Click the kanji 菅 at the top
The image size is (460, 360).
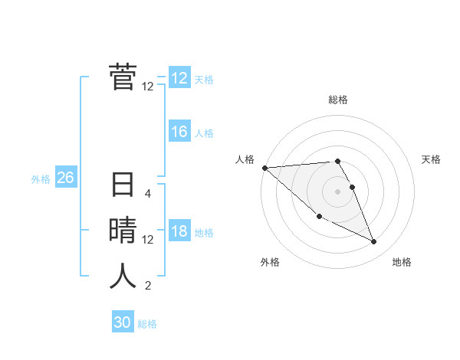123,77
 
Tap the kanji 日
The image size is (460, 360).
123,186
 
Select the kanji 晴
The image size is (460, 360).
123,231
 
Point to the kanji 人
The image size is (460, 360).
123,276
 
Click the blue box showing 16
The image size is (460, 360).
179,133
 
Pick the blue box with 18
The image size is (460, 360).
179,232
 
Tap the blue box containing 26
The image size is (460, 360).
65,178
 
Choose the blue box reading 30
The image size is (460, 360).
123,322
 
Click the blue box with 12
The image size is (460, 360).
179,78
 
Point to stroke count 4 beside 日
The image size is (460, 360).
148,194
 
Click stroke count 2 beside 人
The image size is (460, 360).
148,286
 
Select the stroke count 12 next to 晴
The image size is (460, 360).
148,240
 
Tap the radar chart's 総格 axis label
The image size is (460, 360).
338,100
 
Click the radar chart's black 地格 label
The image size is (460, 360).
402,263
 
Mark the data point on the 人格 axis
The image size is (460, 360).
264,168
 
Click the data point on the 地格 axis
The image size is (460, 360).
374,242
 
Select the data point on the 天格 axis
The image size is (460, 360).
353,187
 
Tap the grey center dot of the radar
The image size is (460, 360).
338,191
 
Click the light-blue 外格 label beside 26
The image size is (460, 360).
41,179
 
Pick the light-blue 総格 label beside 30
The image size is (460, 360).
147,324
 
